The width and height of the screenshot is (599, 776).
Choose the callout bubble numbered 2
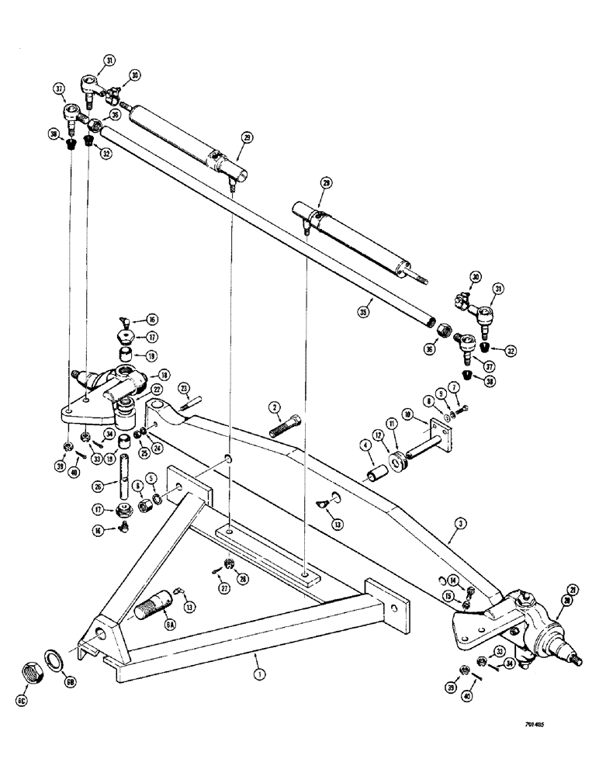(x=274, y=406)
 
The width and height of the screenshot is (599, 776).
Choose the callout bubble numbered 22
(x=155, y=390)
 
